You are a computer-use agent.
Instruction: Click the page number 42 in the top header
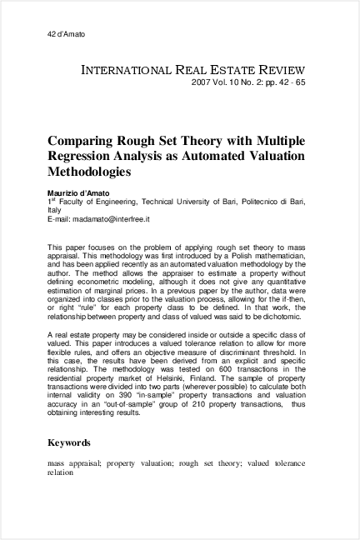click(52, 33)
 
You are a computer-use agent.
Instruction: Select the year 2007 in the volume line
click(202, 84)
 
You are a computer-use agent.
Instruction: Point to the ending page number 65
click(300, 84)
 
